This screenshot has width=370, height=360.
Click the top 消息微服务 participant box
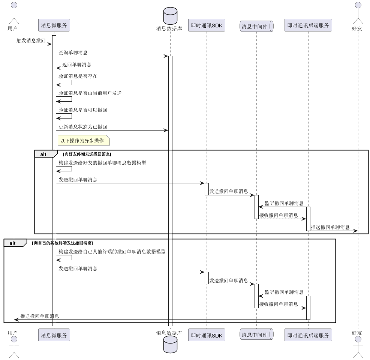[54, 25]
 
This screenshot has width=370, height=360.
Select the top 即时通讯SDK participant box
[207, 25]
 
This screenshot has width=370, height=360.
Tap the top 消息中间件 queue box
[257, 26]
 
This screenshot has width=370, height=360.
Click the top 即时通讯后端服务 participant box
[308, 25]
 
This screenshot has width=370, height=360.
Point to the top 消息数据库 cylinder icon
[170, 16]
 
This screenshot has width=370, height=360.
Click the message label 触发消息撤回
[31, 40]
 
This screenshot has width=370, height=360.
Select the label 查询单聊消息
[73, 52]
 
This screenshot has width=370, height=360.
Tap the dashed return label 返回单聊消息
[76, 64]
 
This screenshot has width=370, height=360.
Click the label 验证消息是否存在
[78, 76]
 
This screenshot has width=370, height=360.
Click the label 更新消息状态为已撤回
[83, 127]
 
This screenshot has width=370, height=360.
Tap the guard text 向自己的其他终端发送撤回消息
[63, 243]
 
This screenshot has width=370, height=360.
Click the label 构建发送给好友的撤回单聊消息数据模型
[102, 163]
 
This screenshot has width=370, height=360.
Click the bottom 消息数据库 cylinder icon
[170, 344]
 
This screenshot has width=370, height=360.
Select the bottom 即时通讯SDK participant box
[207, 335]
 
